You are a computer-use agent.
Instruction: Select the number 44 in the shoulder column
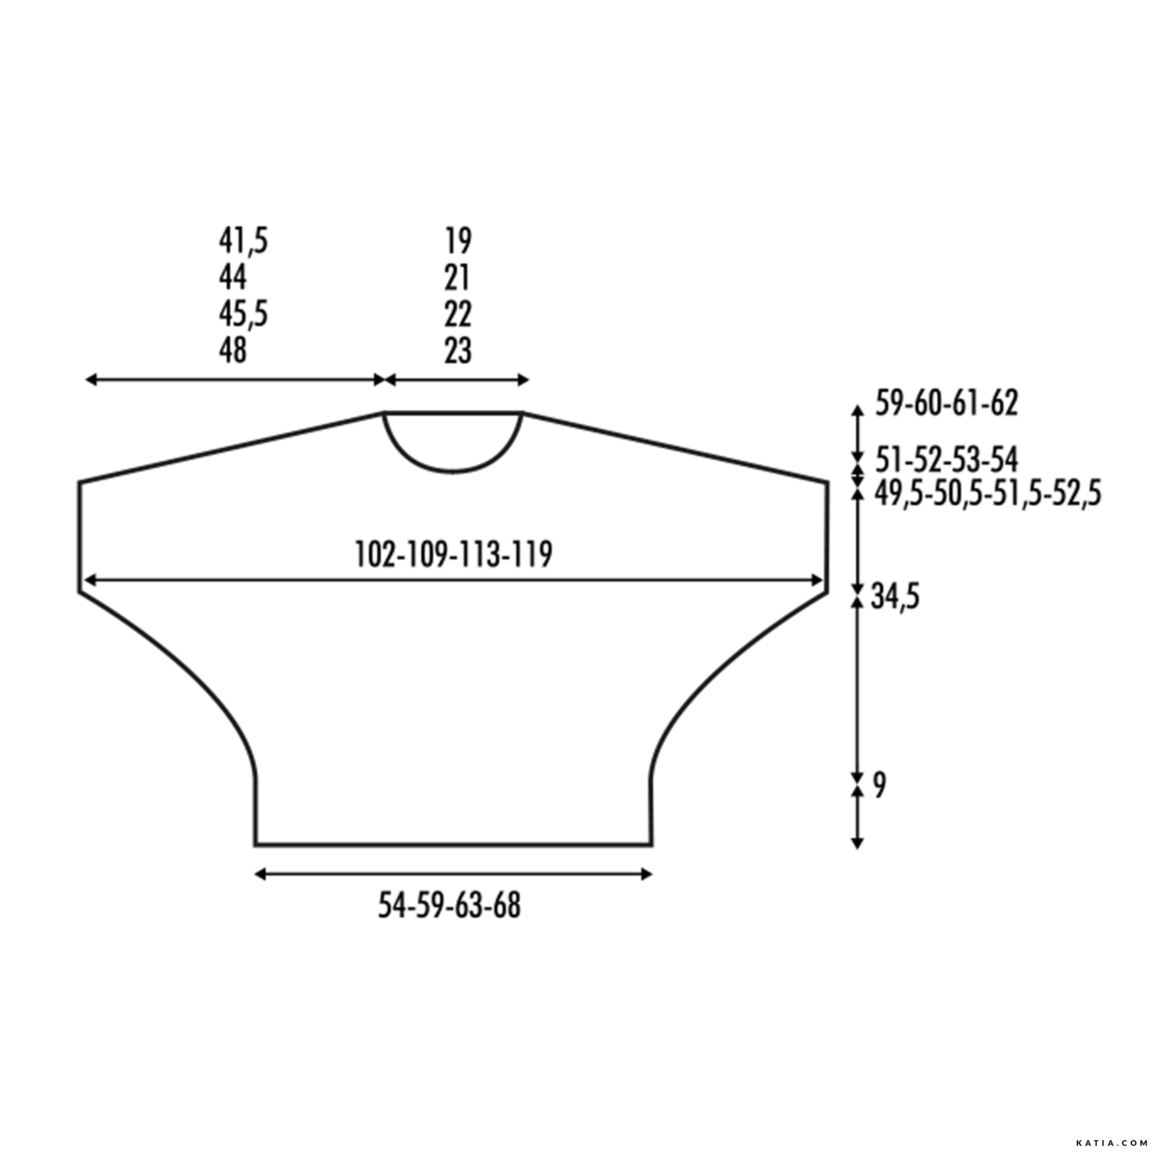coord(232,277)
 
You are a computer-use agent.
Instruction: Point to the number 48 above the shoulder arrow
coord(232,350)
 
